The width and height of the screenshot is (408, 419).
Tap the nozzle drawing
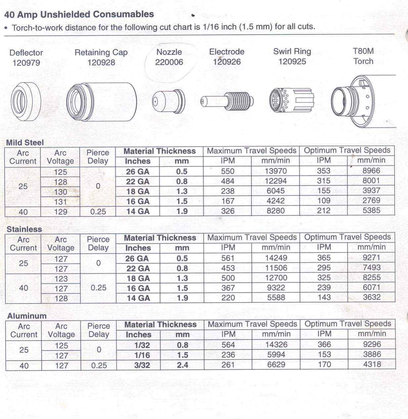click(x=169, y=101)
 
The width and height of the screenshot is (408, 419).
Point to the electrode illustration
click(x=227, y=101)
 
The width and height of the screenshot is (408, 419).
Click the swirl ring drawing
click(x=292, y=100)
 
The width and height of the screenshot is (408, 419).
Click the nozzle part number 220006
click(x=169, y=62)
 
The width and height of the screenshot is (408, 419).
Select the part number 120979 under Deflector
click(x=26, y=63)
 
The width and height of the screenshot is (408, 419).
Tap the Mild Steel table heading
click(x=25, y=142)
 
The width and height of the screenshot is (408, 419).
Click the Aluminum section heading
click(x=27, y=316)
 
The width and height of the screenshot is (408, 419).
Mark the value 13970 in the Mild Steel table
click(x=276, y=171)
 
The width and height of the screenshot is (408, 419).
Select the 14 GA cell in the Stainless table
click(x=138, y=298)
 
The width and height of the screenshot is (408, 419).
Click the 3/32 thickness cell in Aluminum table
click(x=142, y=365)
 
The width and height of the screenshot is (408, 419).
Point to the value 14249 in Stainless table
click(x=276, y=258)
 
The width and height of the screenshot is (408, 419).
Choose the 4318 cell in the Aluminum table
click(x=372, y=364)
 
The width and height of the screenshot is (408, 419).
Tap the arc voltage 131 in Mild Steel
click(x=61, y=202)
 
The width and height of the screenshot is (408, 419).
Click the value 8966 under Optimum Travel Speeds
click(x=371, y=171)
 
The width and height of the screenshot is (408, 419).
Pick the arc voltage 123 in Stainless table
click(x=61, y=279)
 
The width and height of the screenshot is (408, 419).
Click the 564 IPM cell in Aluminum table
click(x=228, y=345)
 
